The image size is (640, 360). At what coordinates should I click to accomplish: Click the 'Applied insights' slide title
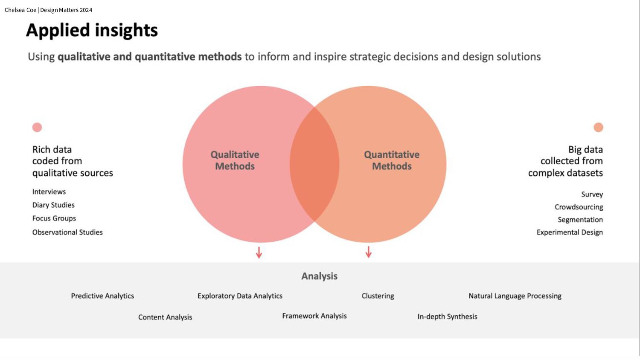92,30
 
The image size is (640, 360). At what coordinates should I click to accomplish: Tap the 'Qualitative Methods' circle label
235,160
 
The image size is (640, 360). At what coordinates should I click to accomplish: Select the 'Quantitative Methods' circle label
392,160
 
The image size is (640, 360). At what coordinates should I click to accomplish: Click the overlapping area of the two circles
314,164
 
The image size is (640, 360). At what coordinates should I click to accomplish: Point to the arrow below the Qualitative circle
259,252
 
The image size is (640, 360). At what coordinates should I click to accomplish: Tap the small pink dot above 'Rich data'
37,127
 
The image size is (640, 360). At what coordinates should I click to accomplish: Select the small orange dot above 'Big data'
598,127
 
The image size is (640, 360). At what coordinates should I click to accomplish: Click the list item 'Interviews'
49,192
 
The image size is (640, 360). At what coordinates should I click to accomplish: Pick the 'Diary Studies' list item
53,205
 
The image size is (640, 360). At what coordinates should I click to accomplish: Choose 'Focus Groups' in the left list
54,218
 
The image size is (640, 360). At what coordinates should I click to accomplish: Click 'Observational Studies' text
67,232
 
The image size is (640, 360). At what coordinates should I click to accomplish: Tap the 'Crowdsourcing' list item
579,207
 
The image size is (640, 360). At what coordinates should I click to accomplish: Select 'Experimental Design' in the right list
570,232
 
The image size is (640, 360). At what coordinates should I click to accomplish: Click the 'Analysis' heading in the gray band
319,276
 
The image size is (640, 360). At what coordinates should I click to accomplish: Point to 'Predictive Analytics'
102,296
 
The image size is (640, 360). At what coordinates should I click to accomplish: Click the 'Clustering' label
378,296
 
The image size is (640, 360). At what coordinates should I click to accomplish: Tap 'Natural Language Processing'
515,296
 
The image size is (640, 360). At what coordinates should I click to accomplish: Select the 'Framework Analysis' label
314,316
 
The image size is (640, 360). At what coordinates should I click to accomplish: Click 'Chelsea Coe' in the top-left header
20,10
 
